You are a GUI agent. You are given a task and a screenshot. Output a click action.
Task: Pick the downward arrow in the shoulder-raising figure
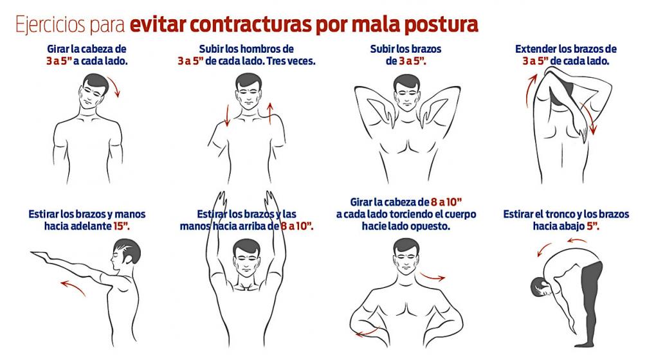(x=227, y=113)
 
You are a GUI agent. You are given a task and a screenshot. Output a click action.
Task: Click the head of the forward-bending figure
(x=539, y=286)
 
